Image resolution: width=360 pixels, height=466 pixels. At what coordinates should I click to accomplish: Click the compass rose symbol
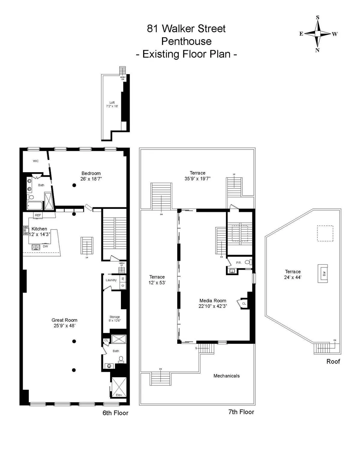click(x=318, y=34)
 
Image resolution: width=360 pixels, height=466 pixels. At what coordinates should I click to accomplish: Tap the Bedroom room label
click(x=91, y=173)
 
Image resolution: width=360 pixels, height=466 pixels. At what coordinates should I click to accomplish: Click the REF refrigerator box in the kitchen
click(x=38, y=215)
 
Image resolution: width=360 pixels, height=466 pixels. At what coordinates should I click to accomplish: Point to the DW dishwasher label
click(x=45, y=246)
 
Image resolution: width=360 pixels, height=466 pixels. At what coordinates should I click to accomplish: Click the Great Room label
click(x=64, y=320)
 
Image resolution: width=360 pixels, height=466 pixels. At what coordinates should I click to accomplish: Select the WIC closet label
click(x=36, y=161)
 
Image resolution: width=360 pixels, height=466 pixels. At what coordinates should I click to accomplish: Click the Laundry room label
click(x=111, y=280)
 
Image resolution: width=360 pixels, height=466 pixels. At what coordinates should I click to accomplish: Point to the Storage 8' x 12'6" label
click(x=115, y=319)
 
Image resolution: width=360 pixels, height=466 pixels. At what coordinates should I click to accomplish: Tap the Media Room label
click(x=213, y=301)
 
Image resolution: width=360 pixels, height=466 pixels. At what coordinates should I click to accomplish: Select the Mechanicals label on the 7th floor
click(x=226, y=376)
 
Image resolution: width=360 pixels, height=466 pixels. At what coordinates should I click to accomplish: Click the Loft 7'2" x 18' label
click(x=112, y=104)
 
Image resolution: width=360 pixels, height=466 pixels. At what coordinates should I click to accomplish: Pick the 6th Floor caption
click(x=115, y=413)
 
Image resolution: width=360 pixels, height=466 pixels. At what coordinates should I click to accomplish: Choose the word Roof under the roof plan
click(x=333, y=361)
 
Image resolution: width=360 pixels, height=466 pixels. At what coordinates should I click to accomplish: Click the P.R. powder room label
click(x=238, y=263)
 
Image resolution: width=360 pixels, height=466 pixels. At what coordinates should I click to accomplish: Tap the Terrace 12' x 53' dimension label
click(x=157, y=282)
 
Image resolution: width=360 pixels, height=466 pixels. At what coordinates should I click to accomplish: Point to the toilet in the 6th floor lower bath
click(x=121, y=359)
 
